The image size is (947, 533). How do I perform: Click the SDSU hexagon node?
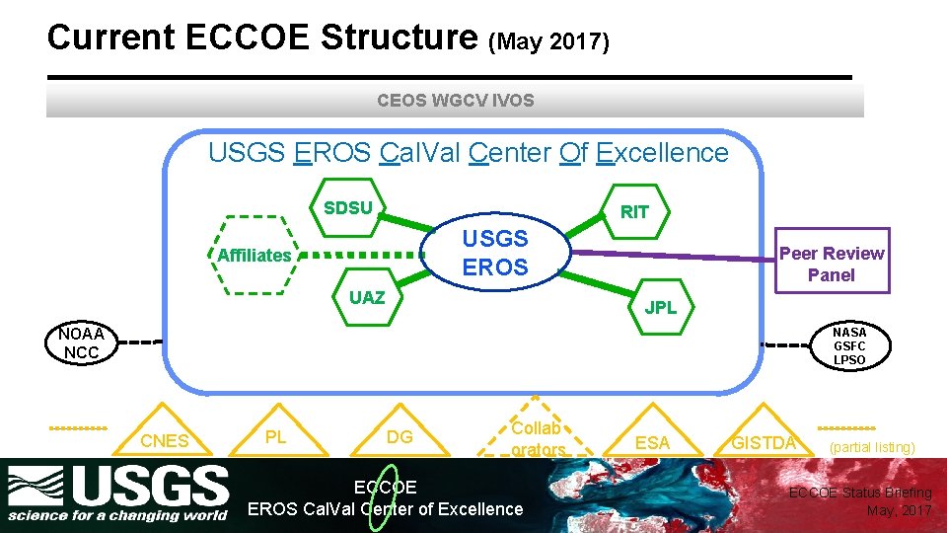point(348,208)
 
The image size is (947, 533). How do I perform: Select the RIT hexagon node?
point(634,212)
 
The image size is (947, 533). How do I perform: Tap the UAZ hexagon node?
point(367,298)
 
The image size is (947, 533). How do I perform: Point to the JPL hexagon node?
point(660,307)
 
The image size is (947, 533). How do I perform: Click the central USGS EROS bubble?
point(495,253)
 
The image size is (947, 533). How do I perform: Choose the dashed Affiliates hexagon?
point(255,256)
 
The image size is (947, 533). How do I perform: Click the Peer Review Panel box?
point(832,264)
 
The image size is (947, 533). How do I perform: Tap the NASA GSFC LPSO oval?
point(849,346)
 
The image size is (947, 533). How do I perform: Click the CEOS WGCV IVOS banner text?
point(455,100)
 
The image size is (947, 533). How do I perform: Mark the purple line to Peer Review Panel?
point(671,256)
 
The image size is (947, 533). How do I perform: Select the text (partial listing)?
point(872,447)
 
